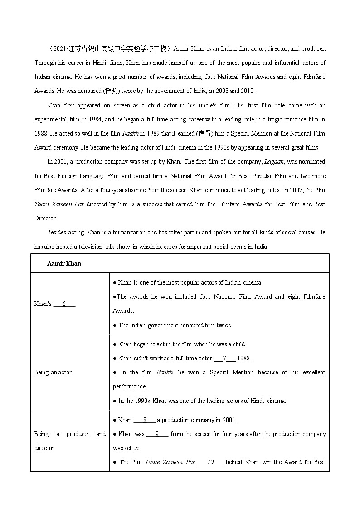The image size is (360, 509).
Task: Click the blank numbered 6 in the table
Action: pyautogui.click(x=64, y=304)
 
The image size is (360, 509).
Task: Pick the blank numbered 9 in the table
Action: pyautogui.click(x=157, y=434)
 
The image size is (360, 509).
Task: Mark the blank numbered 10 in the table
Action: pyautogui.click(x=210, y=462)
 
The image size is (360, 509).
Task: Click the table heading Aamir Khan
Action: pyautogui.click(x=64, y=263)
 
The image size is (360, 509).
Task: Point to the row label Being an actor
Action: pyautogui.click(x=53, y=372)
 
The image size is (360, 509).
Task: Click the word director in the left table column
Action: pyautogui.click(x=44, y=448)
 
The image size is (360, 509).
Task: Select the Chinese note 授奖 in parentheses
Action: pyautogui.click(x=111, y=91)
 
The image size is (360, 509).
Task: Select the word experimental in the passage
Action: pyautogui.click(x=52, y=119)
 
